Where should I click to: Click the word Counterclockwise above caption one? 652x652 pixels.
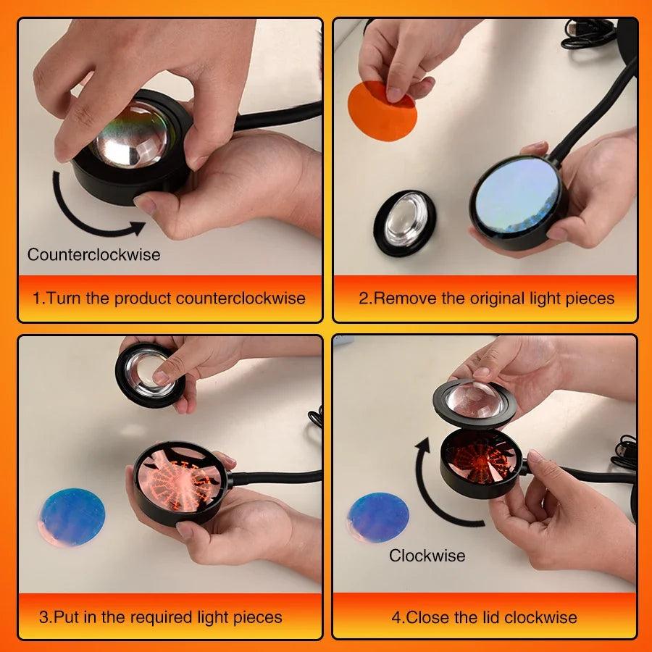click(93, 255)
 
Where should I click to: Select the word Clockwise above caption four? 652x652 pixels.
click(427, 556)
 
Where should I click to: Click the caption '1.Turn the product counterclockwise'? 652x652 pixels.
click(169, 298)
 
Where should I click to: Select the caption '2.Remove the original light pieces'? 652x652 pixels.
click(486, 298)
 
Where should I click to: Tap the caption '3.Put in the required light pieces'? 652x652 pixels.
click(160, 617)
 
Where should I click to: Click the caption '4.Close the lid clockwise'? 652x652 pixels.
click(484, 617)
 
